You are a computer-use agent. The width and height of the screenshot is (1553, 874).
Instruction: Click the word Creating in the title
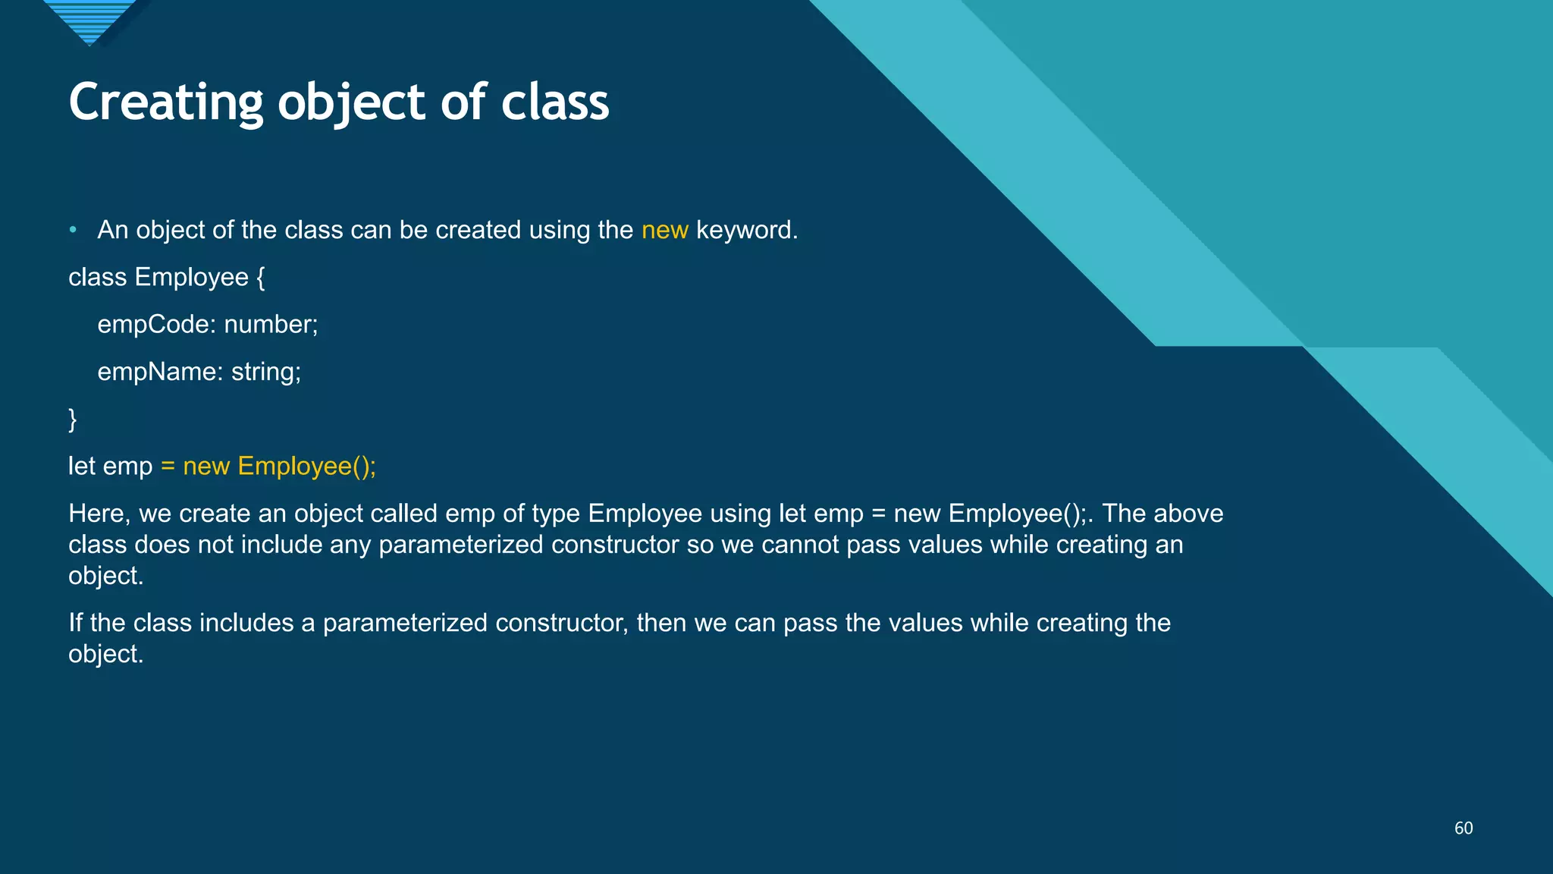[x=165, y=102]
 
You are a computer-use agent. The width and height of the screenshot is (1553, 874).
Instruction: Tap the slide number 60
[x=1463, y=828]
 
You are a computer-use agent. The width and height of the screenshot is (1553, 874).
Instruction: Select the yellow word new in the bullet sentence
[x=664, y=230]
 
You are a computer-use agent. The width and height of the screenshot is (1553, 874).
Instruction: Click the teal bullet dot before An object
[x=73, y=229]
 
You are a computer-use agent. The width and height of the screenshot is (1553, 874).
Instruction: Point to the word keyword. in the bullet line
[x=746, y=230]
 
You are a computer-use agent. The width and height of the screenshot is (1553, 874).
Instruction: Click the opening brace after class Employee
[x=261, y=278]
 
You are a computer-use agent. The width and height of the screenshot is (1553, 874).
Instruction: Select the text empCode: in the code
[x=157, y=325]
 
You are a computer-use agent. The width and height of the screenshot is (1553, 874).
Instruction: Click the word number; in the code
[x=271, y=325]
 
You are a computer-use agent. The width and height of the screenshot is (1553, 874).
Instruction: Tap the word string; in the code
[x=266, y=372]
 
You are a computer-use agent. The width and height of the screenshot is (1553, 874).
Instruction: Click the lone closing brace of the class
[x=73, y=420]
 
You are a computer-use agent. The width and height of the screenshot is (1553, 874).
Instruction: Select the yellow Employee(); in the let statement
[x=306, y=466]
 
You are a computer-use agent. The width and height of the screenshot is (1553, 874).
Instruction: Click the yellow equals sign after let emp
[x=168, y=467]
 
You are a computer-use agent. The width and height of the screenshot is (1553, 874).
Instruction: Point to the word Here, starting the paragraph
[x=99, y=514]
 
